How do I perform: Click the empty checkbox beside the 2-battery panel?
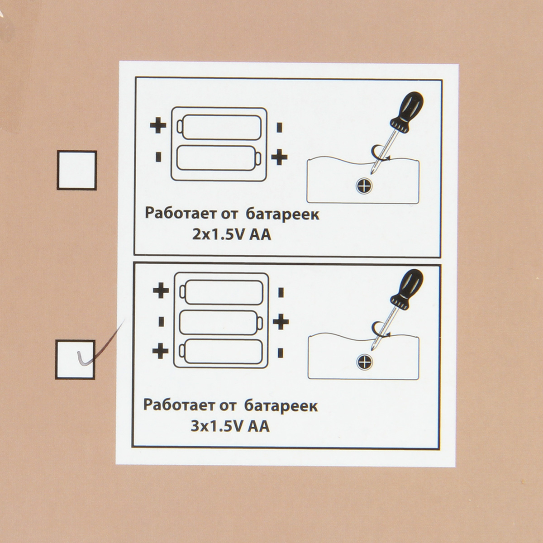pos(77,170)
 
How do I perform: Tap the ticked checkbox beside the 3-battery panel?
pos(75,359)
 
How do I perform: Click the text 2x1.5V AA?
pos(232,235)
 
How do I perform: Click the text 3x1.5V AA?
pos(230,427)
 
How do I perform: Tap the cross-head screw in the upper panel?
pos(364,186)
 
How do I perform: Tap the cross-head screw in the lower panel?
pos(364,362)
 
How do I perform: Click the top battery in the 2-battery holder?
pos(219,127)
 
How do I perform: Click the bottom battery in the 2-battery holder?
pos(219,158)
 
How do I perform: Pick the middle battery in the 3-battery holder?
pos(221,323)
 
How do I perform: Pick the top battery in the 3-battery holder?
pos(221,292)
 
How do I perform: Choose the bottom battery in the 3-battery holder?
pos(221,352)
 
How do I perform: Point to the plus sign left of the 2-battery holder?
pos(158,125)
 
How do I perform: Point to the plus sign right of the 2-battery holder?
pos(279,157)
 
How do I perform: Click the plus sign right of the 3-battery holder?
pos(281,322)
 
